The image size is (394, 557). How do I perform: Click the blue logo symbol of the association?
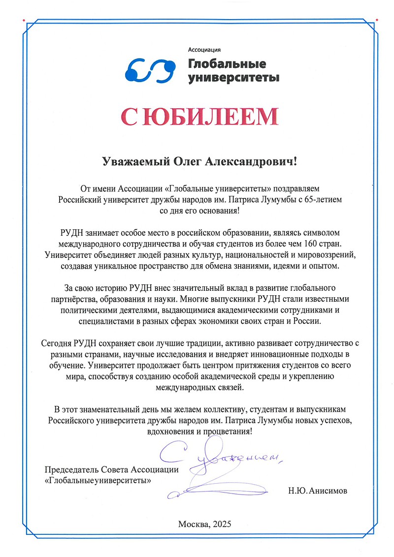[x=150, y=70]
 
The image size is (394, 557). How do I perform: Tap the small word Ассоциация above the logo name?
[x=204, y=49]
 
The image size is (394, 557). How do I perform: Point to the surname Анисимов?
[x=331, y=490]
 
